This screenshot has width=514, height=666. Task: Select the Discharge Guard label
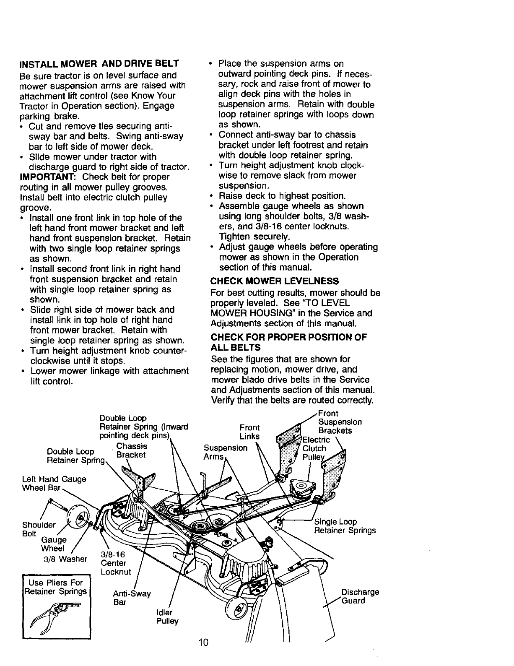(x=360, y=596)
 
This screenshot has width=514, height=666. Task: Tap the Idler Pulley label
(x=167, y=616)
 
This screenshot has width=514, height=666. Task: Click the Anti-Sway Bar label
(x=132, y=598)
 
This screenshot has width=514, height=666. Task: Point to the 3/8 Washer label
(x=65, y=559)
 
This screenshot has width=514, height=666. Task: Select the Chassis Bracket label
(x=131, y=450)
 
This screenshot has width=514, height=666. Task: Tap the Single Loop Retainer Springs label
(x=345, y=526)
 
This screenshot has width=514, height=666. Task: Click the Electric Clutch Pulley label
(x=317, y=448)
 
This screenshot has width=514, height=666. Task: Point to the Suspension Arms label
(x=226, y=452)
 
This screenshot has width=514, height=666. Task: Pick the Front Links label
(x=250, y=432)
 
